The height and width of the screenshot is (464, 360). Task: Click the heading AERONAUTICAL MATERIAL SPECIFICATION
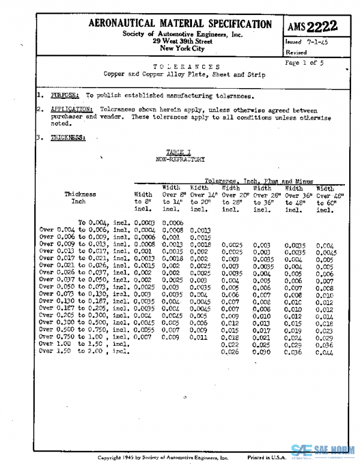180,24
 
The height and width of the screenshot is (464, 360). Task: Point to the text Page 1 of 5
304,62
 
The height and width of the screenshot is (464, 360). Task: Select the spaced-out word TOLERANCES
187,67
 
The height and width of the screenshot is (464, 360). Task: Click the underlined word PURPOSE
64,95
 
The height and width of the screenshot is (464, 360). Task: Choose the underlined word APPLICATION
71,110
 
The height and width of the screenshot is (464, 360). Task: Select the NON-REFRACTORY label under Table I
180,159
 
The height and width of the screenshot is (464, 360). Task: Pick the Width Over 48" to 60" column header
325,198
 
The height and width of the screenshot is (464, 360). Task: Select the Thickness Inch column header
80,198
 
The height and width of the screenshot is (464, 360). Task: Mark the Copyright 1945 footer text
163,457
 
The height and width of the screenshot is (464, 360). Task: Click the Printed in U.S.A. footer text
267,457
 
